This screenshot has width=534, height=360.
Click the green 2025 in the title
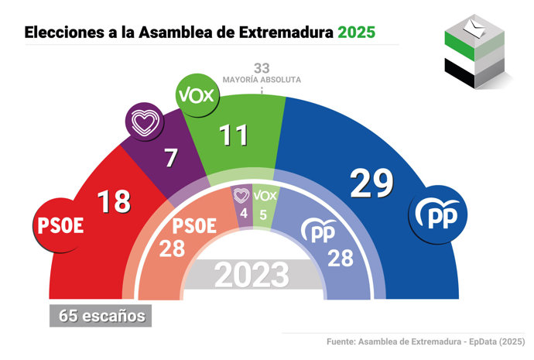[x=357, y=33]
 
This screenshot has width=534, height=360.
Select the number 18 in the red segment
[x=113, y=203]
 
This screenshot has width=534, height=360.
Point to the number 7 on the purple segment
[x=172, y=159]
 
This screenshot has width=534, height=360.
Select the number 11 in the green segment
[x=233, y=135]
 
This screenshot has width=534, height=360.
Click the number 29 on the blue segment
[x=371, y=183]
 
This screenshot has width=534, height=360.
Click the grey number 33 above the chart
[x=262, y=68]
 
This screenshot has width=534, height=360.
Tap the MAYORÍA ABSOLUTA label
[x=262, y=80]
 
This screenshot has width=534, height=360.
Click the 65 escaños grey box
[x=98, y=316]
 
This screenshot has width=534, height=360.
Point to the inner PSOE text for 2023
[x=193, y=227]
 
